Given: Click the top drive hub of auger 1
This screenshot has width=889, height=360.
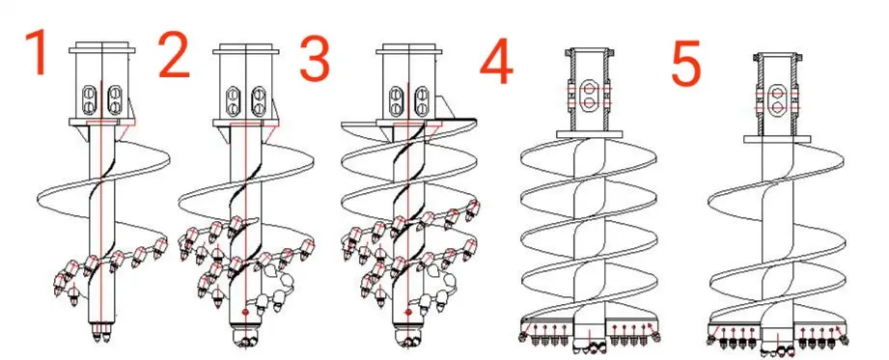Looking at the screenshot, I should tap(101, 86).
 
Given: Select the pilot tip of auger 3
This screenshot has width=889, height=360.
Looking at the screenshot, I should tap(408, 339).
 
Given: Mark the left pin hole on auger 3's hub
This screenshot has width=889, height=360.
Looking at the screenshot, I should tap(397, 98).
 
